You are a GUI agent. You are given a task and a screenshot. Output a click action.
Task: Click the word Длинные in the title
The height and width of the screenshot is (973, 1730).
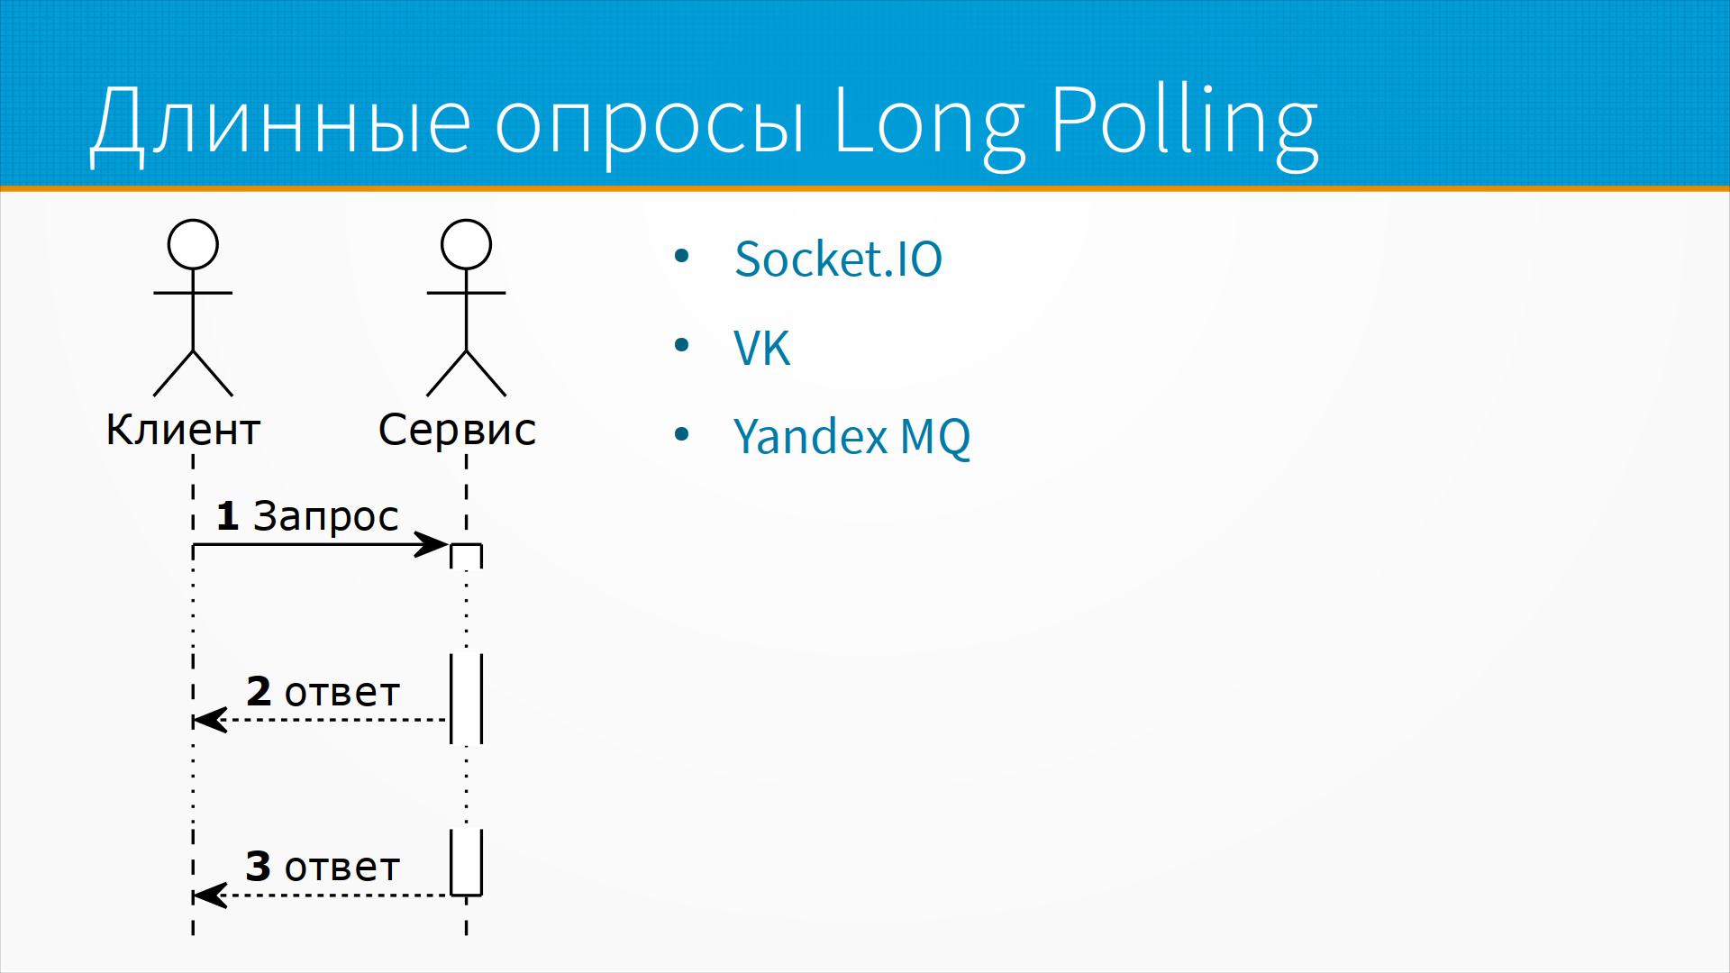click(x=280, y=122)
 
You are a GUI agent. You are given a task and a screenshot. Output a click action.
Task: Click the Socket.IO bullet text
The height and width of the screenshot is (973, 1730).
click(x=838, y=259)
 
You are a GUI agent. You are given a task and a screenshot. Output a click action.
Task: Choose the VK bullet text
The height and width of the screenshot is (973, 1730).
click(x=761, y=348)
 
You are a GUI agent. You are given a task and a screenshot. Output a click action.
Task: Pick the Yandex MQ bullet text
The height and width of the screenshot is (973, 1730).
click(x=851, y=437)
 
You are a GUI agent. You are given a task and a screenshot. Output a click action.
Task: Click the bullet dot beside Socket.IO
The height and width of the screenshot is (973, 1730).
click(x=681, y=257)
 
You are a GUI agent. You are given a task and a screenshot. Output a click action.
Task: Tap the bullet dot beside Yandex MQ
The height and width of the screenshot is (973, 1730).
click(x=681, y=434)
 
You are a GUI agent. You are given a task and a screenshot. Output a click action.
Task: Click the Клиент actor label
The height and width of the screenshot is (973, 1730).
click(x=183, y=430)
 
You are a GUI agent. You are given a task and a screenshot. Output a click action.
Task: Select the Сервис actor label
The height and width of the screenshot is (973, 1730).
click(x=457, y=430)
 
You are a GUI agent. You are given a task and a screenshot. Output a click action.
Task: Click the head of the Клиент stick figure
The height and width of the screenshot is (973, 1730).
click(x=193, y=244)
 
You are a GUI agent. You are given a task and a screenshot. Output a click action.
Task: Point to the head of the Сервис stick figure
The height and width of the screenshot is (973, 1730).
click(x=466, y=244)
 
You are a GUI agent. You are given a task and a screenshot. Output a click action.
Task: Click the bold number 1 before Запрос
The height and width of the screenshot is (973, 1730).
click(x=227, y=516)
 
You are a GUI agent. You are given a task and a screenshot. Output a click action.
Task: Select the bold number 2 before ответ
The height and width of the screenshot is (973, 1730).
click(x=259, y=691)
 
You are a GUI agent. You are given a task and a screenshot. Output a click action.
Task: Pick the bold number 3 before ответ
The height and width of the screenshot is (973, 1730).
click(x=259, y=867)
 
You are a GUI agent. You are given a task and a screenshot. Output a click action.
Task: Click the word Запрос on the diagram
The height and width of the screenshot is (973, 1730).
click(x=325, y=518)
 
